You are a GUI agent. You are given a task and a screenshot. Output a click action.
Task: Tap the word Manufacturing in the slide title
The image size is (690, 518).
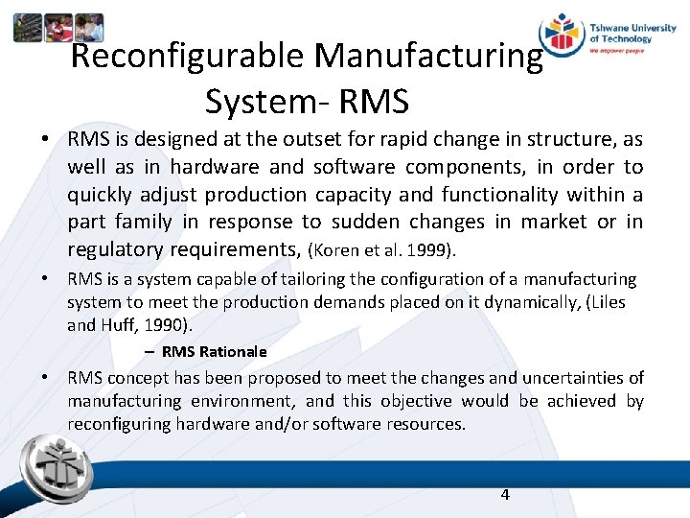[428, 57]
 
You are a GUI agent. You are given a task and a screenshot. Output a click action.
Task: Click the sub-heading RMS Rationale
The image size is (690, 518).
[214, 351]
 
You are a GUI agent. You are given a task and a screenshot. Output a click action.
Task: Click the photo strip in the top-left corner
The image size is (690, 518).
[57, 28]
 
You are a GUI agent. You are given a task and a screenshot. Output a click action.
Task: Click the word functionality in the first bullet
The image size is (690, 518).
[499, 195]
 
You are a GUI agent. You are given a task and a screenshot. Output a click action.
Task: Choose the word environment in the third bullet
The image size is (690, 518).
[242, 401]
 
